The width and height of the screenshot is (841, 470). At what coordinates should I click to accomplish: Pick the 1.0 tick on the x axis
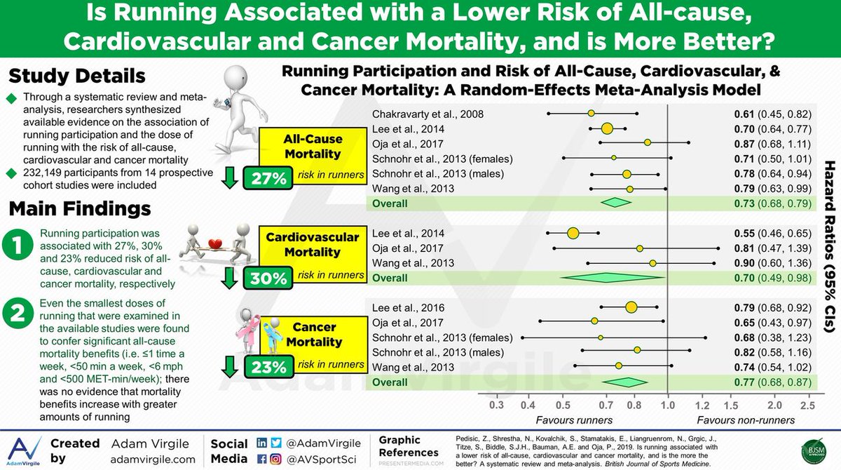point(668,405)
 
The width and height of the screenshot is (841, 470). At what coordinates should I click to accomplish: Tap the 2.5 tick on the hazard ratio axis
point(807,405)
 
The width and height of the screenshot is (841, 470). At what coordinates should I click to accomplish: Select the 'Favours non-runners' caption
point(746,420)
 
